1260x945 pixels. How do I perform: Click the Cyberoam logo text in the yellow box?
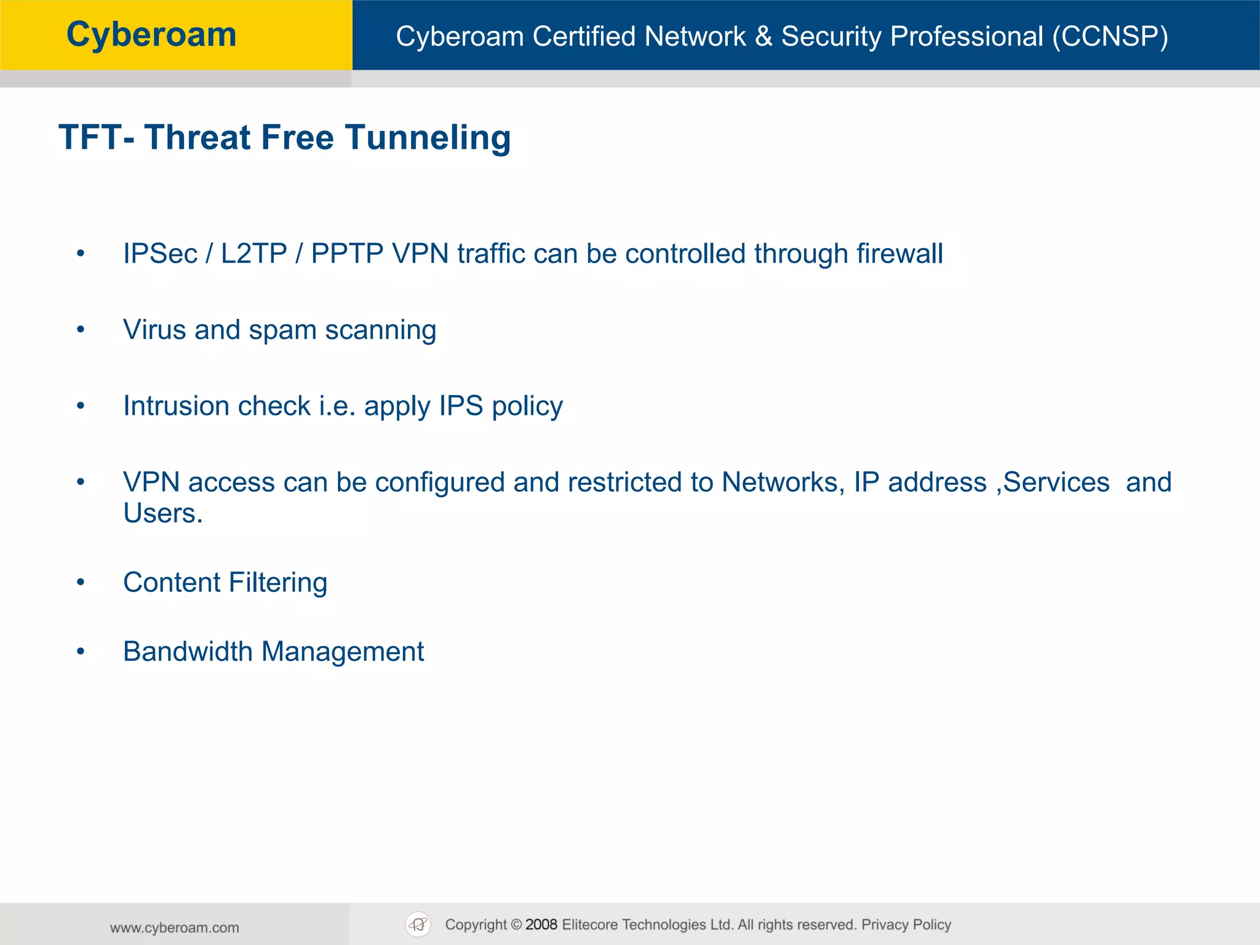pyautogui.click(x=151, y=35)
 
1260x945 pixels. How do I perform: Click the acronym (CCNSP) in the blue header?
pyautogui.click(x=1110, y=36)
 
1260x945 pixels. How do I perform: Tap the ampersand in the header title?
pyautogui.click(x=764, y=36)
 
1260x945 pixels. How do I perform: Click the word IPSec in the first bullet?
pyautogui.click(x=160, y=253)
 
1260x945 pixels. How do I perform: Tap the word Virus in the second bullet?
pyautogui.click(x=154, y=330)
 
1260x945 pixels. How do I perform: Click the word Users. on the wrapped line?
pyautogui.click(x=162, y=514)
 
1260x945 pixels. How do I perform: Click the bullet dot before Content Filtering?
pyautogui.click(x=81, y=583)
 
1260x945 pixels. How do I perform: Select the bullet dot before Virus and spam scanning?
pyautogui.click(x=81, y=330)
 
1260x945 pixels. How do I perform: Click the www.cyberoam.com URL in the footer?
pyautogui.click(x=175, y=928)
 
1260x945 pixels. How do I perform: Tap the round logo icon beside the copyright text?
pyautogui.click(x=418, y=924)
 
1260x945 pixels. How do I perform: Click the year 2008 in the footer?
pyautogui.click(x=541, y=925)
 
